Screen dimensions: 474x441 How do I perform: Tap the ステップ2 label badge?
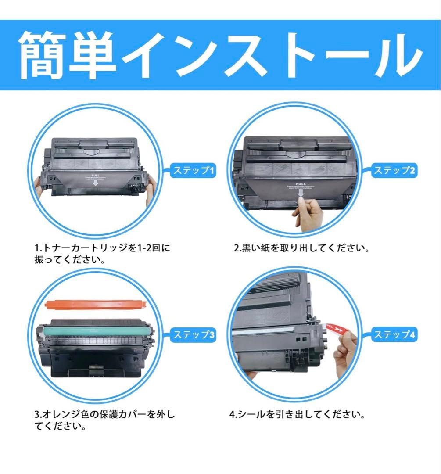[394, 171]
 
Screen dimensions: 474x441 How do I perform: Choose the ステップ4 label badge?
[394, 335]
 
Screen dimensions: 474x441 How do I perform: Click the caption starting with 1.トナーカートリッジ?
[102, 254]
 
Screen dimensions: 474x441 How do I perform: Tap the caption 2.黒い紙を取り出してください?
[301, 248]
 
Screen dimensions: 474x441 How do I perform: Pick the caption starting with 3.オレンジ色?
[104, 420]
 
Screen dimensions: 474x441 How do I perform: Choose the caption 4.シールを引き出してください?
[297, 414]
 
